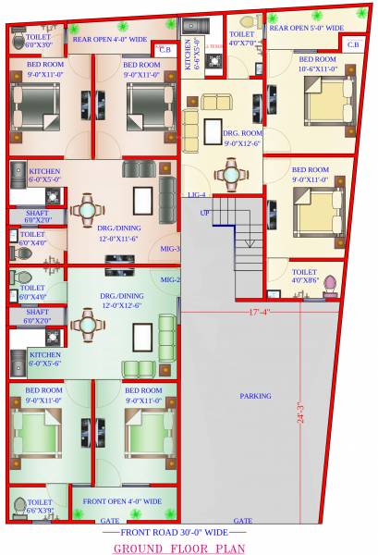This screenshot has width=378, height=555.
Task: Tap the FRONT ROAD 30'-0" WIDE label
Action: click(177, 534)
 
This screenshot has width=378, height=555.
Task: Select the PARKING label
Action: click(255, 395)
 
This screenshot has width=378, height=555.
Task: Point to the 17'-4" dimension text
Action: click(260, 312)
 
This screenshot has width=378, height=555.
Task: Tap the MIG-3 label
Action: click(170, 249)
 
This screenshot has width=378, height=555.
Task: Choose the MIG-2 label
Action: click(170, 278)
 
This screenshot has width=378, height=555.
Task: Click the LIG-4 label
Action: click(196, 194)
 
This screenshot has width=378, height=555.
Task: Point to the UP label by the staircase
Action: click(205, 213)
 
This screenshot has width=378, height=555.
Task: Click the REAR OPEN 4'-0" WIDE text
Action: click(110, 40)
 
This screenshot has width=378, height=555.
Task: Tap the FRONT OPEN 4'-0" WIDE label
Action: click(122, 501)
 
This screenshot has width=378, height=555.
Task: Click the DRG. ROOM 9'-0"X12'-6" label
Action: click(242, 139)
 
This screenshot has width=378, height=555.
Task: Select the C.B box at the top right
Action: click(353, 43)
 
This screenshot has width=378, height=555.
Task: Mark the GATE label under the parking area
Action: click(243, 521)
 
